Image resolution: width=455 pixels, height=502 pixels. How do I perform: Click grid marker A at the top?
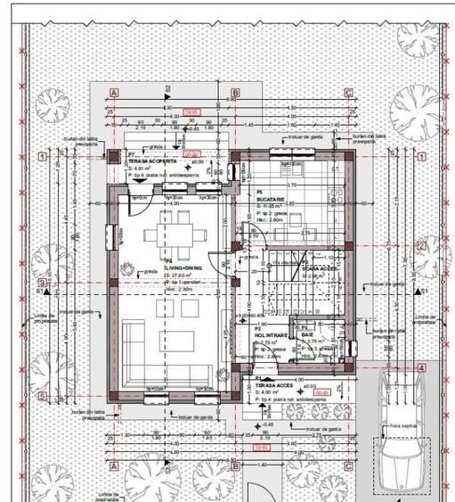(x=114, y=92)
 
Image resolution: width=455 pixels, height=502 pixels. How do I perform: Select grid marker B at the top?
(x=235, y=92)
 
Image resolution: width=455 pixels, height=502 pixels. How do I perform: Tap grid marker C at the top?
(x=348, y=92)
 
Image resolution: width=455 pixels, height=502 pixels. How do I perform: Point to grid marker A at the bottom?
(x=114, y=465)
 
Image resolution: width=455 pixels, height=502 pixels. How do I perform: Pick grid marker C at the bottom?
(x=348, y=465)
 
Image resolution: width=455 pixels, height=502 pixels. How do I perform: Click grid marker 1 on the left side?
(x=42, y=156)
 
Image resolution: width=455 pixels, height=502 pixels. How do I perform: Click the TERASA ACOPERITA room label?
(x=158, y=160)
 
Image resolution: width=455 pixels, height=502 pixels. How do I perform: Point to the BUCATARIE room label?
(x=271, y=198)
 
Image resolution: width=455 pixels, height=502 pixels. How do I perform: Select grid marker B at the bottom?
(x=235, y=465)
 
